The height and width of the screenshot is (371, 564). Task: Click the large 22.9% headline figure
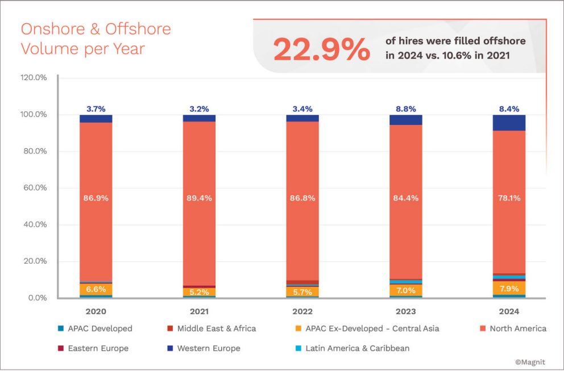[321, 49]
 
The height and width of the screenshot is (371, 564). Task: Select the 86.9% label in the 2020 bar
[96, 198]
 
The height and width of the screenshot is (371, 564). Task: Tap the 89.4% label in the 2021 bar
[199, 198]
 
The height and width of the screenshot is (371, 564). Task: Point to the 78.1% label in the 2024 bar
[508, 198]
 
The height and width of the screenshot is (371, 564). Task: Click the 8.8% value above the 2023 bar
[406, 109]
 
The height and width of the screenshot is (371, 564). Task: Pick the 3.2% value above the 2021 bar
[199, 109]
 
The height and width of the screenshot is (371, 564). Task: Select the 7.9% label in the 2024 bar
[508, 289]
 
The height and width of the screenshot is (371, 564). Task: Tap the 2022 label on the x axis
[302, 311]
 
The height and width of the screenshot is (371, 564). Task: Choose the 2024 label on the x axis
[508, 311]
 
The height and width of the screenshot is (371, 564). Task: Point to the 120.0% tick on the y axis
[34, 78]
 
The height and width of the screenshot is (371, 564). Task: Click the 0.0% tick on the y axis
[37, 298]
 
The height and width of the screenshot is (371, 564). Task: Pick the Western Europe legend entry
[209, 348]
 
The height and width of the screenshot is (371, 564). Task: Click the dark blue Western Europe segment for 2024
[508, 123]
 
